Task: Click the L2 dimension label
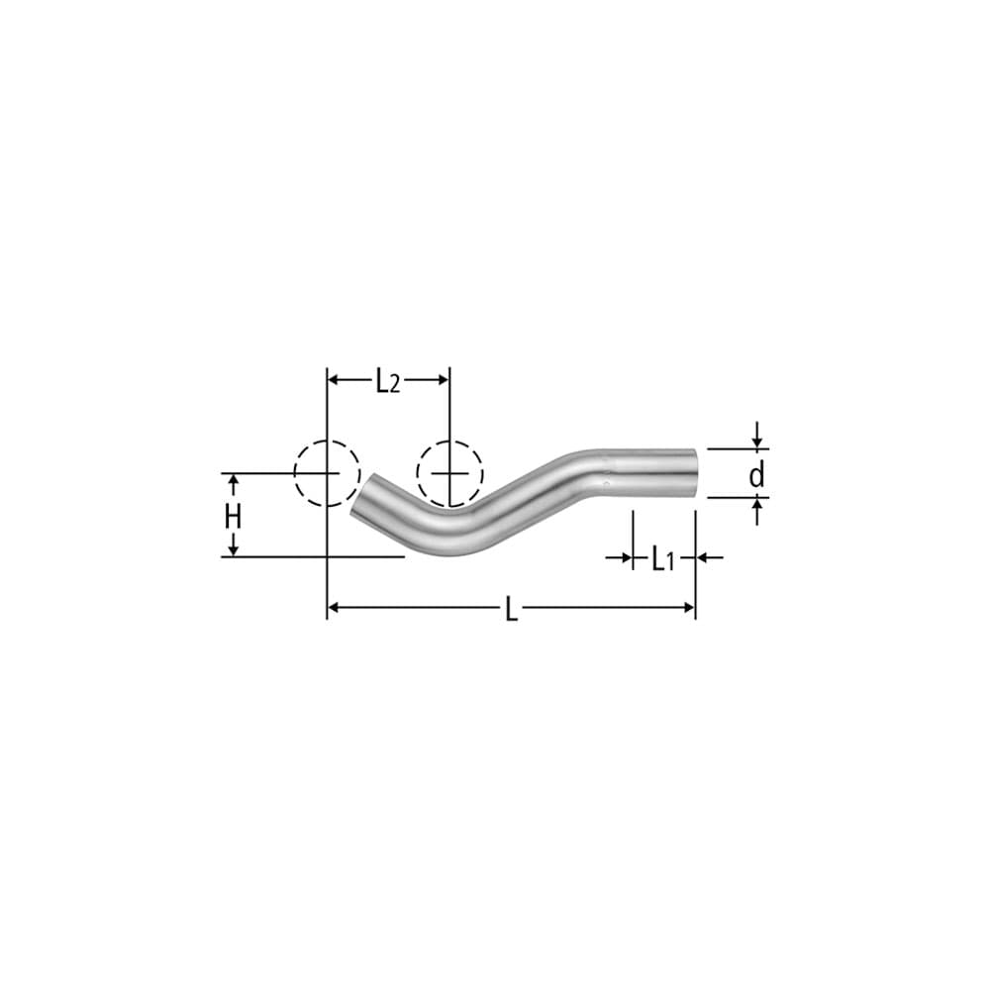388,381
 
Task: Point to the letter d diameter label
756,476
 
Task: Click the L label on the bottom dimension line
511,609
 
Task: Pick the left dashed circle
327,473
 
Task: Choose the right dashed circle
448,473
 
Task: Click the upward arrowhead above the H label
234,481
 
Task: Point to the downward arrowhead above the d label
756,442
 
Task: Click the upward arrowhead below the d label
756,505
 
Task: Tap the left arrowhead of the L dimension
335,607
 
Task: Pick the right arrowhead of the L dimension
688,607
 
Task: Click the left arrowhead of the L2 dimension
335,379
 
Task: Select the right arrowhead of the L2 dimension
443,379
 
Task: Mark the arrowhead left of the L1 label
626,558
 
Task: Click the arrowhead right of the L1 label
703,558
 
